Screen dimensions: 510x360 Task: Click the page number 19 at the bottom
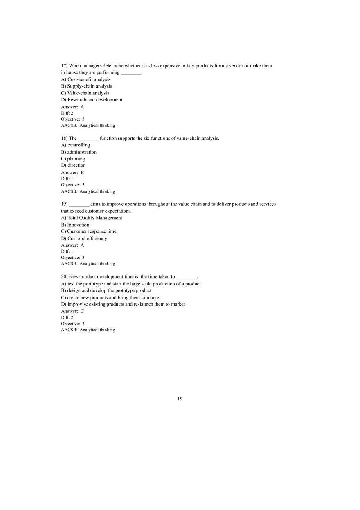[x=180, y=399]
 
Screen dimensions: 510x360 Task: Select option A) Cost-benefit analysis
[x=85, y=79]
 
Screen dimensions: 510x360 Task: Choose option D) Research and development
[x=92, y=100]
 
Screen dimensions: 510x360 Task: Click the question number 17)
[x=64, y=66]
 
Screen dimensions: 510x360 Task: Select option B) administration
[x=79, y=152]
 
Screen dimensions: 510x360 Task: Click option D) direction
[x=73, y=166]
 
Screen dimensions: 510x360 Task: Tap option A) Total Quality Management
[x=92, y=218]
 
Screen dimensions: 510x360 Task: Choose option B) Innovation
[x=75, y=225]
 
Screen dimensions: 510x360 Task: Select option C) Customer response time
[x=89, y=231]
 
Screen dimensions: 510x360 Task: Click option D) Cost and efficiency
[x=84, y=238]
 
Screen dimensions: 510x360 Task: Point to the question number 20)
[x=64, y=277]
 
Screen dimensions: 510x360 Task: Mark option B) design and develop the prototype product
[x=106, y=290]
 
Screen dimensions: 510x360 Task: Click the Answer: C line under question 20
[x=72, y=311]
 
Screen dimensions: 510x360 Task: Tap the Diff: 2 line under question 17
[x=67, y=113]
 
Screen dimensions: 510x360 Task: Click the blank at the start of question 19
[x=79, y=204]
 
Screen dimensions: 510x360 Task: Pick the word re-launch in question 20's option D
[x=143, y=304]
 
